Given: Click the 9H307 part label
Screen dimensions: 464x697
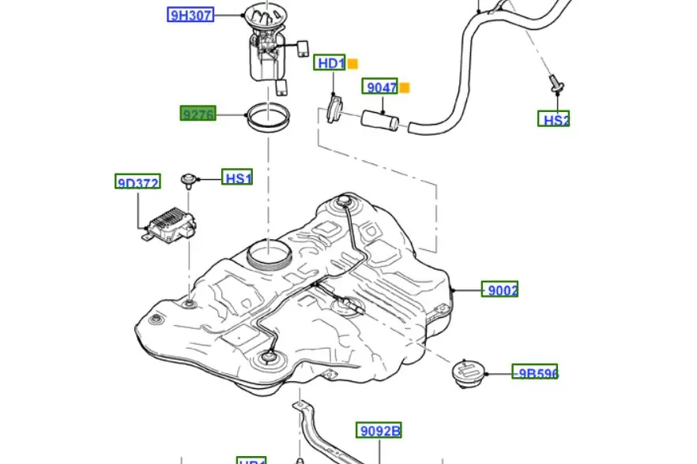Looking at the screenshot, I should point(190,14).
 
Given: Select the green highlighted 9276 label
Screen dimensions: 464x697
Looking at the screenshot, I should point(198,114).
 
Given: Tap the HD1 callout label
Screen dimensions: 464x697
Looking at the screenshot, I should point(330,63).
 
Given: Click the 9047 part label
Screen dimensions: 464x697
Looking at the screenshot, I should point(380,87).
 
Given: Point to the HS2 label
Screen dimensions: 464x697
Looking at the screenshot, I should point(554,119).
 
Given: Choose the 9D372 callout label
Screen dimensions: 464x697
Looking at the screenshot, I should point(138,183).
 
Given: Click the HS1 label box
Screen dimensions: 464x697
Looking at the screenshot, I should point(237,178).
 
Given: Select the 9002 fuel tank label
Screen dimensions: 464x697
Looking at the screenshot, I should point(500,290).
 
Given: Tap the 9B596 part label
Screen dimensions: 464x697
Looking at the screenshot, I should point(535,372).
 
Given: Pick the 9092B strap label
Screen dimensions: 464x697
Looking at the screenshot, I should point(379,430).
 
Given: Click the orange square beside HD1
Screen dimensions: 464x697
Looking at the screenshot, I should point(353,64).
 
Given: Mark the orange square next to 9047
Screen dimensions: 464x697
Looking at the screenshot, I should point(405,88).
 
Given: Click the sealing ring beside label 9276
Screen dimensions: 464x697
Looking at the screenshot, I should point(267,118).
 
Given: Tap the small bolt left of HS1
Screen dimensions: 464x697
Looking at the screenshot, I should point(189,180).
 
